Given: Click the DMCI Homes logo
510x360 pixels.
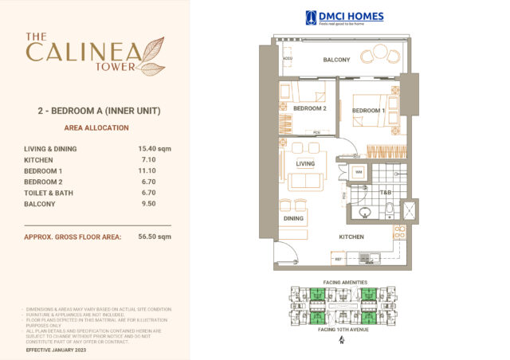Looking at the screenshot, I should point(344,18).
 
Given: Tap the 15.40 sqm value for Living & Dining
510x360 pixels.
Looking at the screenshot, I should point(155,148).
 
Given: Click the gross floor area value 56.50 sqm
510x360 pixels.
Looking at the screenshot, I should point(155,237).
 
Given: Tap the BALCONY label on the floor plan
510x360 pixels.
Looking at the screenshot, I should point(336,60).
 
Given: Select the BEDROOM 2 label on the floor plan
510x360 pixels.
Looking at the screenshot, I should point(310,108).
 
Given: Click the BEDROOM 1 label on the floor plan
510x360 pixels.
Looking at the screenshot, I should point(368,111).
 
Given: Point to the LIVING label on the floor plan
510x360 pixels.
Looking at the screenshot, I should point(305,164).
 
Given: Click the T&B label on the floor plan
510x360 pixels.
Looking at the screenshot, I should point(386,193).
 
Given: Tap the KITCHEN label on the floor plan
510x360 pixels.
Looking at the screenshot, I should point(351,237).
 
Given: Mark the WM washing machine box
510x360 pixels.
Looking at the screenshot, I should point(359,172).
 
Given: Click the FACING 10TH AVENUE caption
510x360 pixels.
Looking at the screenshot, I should point(342,329).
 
